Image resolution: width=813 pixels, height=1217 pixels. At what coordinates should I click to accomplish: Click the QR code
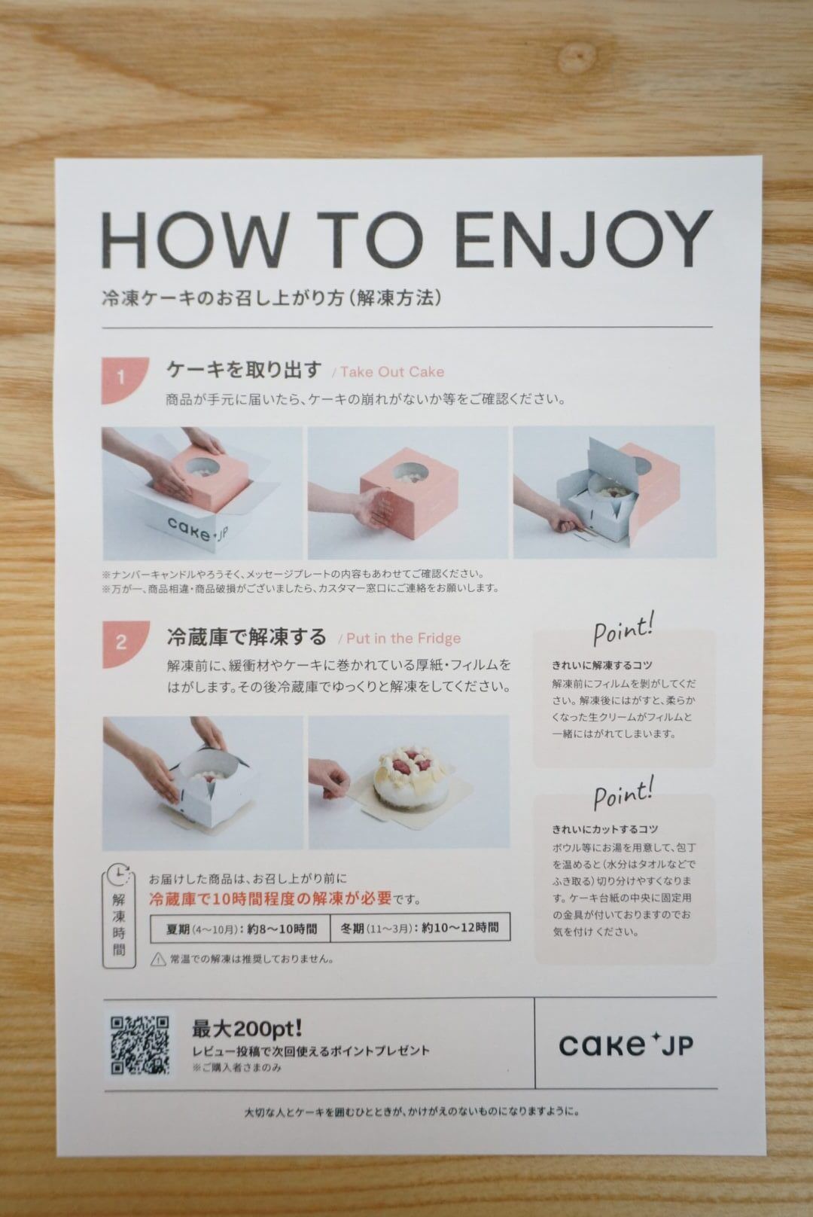pyautogui.click(x=140, y=1045)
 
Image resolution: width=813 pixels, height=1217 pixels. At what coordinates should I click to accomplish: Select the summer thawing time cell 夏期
pyautogui.click(x=241, y=929)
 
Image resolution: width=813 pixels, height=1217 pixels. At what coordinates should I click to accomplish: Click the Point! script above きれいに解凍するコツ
pyautogui.click(x=623, y=629)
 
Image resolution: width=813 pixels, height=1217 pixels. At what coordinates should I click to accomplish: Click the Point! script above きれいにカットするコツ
pyautogui.click(x=623, y=793)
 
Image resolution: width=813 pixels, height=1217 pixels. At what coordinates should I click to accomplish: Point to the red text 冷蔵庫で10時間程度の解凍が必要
pyautogui.click(x=270, y=898)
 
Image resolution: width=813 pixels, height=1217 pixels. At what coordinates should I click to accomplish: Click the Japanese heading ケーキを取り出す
pyautogui.click(x=244, y=370)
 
